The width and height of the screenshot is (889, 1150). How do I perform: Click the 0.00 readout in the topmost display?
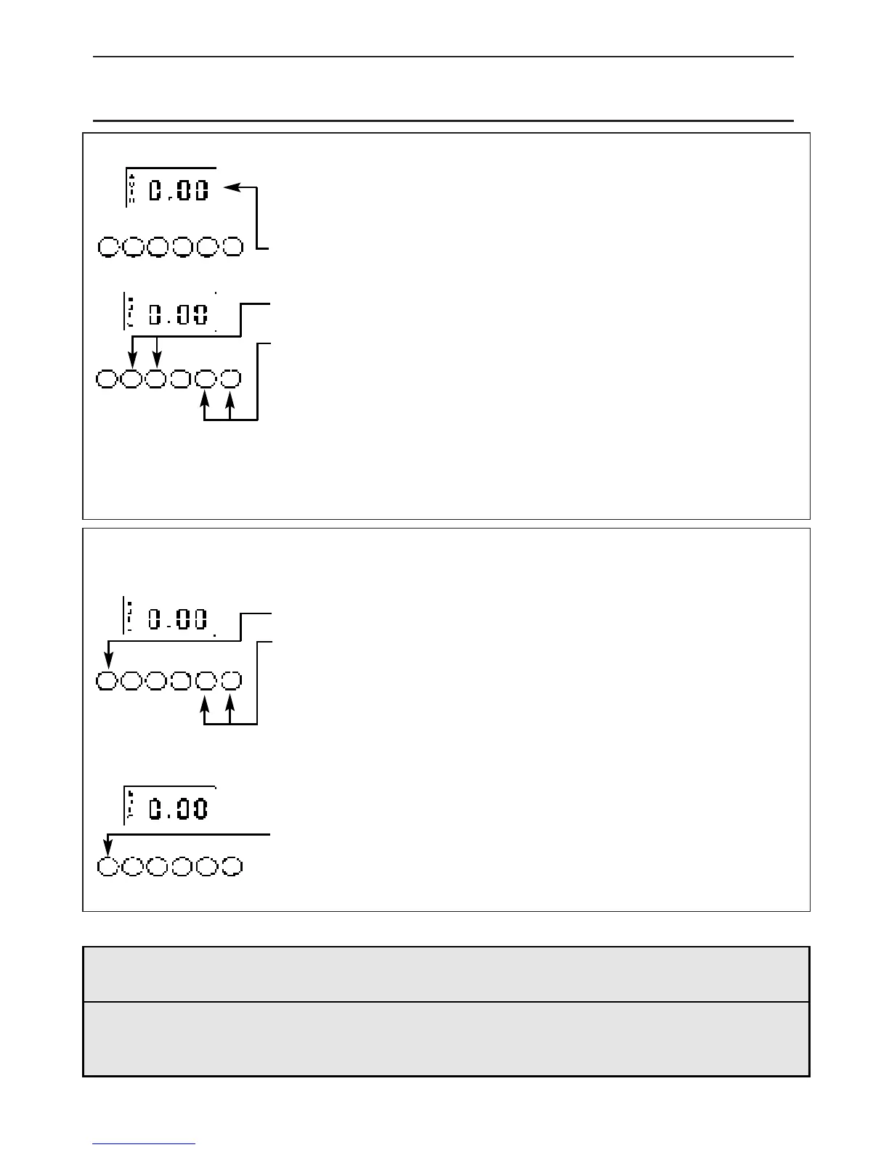point(179,191)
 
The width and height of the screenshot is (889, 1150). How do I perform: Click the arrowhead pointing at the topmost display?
point(232,187)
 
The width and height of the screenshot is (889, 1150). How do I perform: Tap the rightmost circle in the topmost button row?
point(232,247)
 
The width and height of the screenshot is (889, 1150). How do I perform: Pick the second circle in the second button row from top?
point(131,379)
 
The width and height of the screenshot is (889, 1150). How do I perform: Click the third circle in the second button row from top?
point(156,379)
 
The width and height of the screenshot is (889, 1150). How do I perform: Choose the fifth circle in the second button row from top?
point(206,379)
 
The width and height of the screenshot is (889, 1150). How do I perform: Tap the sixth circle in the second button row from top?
point(230,379)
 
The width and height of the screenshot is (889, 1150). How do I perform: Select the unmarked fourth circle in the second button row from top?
point(182,379)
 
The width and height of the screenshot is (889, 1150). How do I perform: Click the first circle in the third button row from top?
point(107,681)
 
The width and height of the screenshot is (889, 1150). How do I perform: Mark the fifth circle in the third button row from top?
point(206,681)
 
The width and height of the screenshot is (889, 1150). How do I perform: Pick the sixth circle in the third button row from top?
point(230,681)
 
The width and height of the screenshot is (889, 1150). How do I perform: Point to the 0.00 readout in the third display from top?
point(179,619)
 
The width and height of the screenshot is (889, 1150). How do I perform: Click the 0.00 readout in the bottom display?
point(179,808)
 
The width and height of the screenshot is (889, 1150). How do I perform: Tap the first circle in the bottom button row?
point(107,867)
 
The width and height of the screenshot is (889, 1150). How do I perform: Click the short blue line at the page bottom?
point(144,1144)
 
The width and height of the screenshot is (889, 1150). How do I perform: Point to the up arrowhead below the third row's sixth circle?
point(230,703)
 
